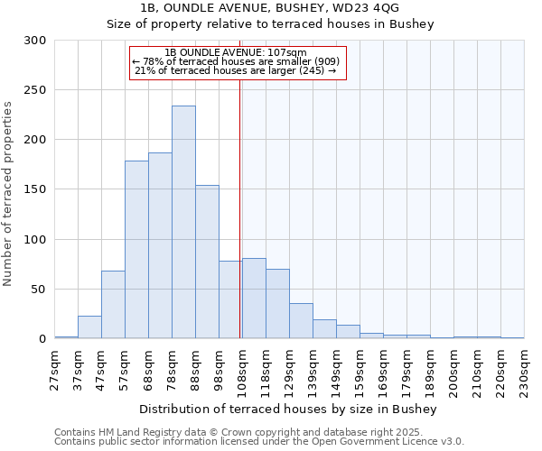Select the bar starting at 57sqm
(x=136, y=250)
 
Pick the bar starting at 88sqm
(x=207, y=262)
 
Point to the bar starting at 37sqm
(x=89, y=327)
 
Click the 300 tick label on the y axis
(x=35, y=41)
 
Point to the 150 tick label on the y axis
(x=35, y=190)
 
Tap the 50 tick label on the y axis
(x=39, y=290)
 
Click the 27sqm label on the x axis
(x=55, y=369)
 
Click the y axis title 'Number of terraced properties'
(x=8, y=193)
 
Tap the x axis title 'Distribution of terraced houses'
(x=288, y=410)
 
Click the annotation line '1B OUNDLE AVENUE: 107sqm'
(x=237, y=52)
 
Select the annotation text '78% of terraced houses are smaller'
(x=237, y=61)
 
